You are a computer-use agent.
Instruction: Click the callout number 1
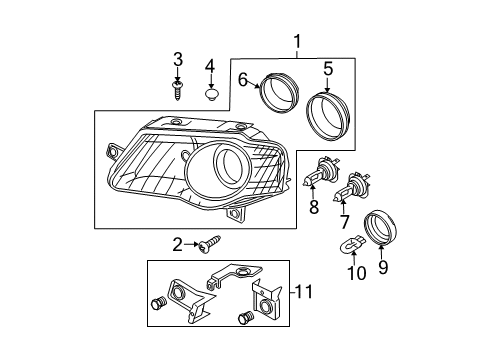coord(297,42)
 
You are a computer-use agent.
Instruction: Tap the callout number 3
coord(178,59)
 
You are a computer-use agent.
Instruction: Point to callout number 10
coord(357,273)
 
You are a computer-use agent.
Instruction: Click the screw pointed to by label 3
coord(177,90)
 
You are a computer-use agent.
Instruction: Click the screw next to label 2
coord(210,244)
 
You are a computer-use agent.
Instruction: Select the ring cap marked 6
coord(279,93)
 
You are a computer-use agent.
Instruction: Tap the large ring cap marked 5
coord(328,116)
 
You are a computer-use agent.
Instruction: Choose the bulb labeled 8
coord(321,172)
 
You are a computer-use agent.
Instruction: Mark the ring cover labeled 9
coord(381,227)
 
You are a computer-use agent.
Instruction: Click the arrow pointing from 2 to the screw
coord(191,245)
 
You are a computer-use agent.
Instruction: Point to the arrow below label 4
coord(210,80)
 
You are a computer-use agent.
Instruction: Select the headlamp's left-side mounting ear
coord(114,152)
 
